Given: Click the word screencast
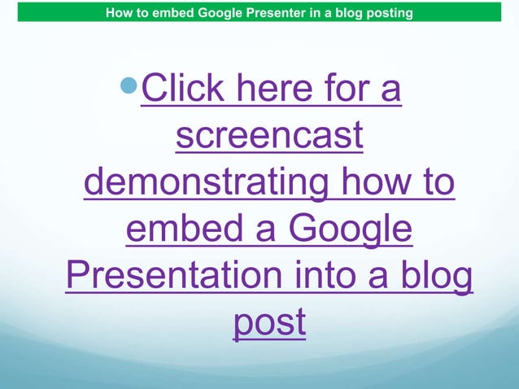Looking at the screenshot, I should [x=269, y=138].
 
